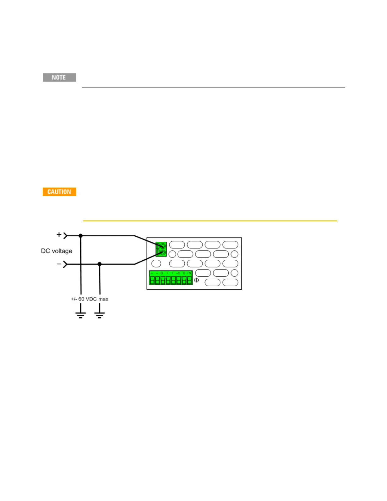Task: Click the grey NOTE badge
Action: [x=59, y=77]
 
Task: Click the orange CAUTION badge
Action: [x=59, y=192]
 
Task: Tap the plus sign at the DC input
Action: [x=59, y=235]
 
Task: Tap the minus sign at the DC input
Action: [x=59, y=264]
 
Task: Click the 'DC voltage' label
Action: [x=57, y=251]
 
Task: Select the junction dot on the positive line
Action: [x=81, y=236]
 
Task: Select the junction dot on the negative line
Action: [x=100, y=264]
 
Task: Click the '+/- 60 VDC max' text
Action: [x=89, y=299]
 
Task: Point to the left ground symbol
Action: [x=81, y=314]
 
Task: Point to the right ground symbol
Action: [x=100, y=314]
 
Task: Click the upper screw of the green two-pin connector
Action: [x=163, y=245]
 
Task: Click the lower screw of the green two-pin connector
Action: [x=163, y=253]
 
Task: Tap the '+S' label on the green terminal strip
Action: [x=189, y=273]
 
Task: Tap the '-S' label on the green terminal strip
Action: [x=178, y=273]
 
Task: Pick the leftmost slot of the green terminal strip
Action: [x=152, y=280]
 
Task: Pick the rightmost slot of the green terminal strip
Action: [x=189, y=280]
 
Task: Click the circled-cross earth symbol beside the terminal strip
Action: [x=196, y=280]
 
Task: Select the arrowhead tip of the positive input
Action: [x=67, y=236]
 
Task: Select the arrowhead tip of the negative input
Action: [x=67, y=264]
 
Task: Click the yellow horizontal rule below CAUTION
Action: [x=210, y=221]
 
